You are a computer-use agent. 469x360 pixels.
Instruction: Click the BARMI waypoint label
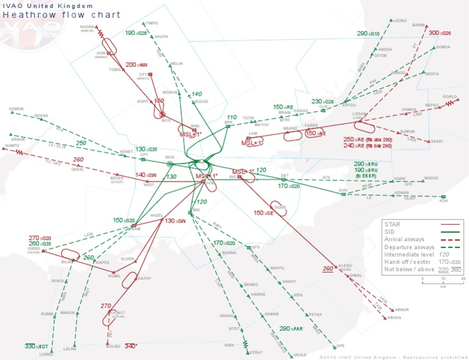click(418, 25)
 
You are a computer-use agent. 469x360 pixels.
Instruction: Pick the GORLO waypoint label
click(449, 97)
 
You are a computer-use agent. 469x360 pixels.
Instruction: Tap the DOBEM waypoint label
click(16, 109)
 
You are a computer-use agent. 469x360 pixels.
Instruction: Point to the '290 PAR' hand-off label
click(291, 329)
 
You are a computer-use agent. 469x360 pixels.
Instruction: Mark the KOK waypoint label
click(444, 200)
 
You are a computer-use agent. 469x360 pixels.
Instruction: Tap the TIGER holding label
click(280, 207)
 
